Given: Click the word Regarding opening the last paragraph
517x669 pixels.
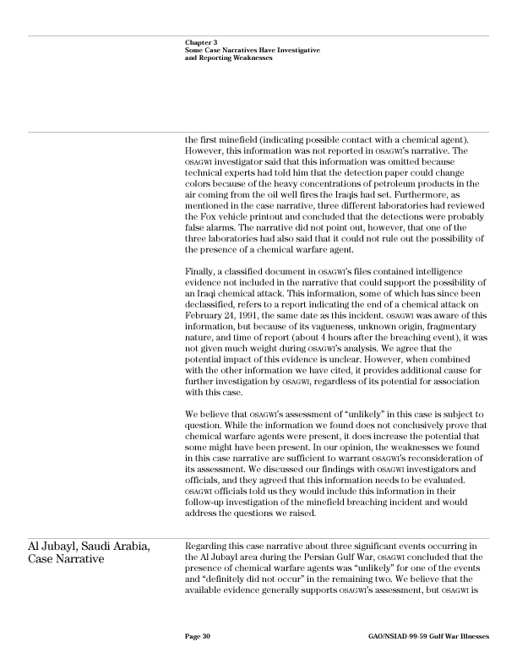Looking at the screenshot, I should coord(206,542).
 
